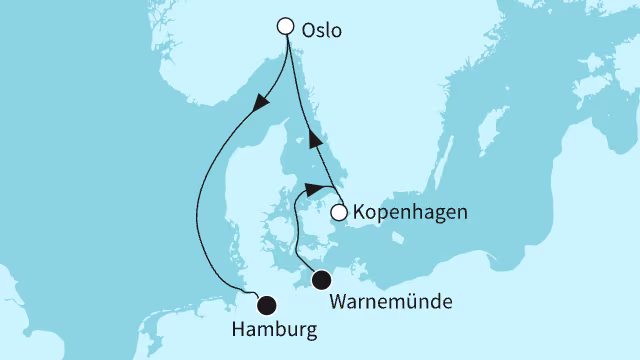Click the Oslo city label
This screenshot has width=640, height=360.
point(321,30)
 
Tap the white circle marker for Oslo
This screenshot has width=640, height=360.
point(287,27)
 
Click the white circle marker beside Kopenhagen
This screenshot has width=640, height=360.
point(339,212)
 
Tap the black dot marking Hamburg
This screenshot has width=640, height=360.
point(266,305)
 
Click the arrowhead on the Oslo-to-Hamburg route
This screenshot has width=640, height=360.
point(261,103)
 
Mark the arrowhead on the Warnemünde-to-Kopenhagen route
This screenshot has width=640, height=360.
point(316,189)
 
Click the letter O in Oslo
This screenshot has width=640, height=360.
point(307,30)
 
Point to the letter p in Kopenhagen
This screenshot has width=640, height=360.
point(384,215)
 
